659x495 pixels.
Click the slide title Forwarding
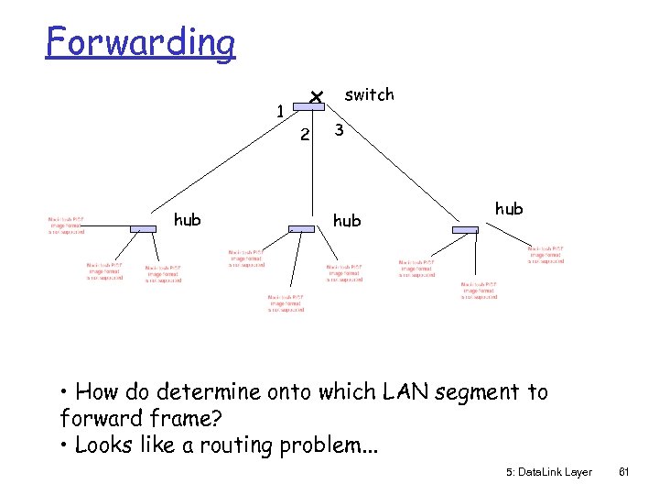click(140, 42)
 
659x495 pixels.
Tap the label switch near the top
click(369, 94)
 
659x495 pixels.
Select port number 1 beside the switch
click(281, 112)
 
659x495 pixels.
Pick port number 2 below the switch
click(306, 136)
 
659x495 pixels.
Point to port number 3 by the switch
click(339, 131)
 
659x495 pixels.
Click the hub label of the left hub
click(188, 219)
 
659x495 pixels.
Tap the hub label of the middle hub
click(346, 220)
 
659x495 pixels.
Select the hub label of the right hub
click(509, 208)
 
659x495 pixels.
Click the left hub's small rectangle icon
click(143, 227)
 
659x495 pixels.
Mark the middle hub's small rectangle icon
click(301, 228)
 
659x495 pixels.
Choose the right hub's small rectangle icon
click(465, 228)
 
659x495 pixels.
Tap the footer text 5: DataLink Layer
click(548, 472)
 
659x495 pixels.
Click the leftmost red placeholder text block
click(67, 225)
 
